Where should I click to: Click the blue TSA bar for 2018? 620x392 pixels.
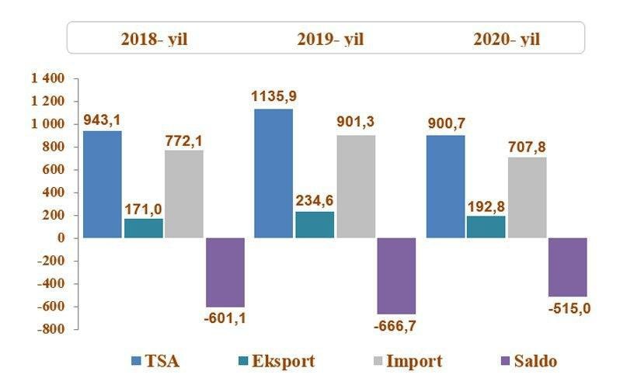(103, 184)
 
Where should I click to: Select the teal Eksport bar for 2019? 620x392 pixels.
(315, 224)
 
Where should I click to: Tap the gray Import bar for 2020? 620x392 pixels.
(527, 197)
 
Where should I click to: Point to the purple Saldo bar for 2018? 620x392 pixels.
(225, 272)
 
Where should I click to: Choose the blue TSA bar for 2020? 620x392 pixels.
(446, 186)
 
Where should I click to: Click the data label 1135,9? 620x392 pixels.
(274, 97)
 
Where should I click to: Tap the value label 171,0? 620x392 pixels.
(145, 208)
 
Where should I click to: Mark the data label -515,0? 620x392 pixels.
(569, 308)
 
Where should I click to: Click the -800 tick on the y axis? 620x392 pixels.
(51, 329)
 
